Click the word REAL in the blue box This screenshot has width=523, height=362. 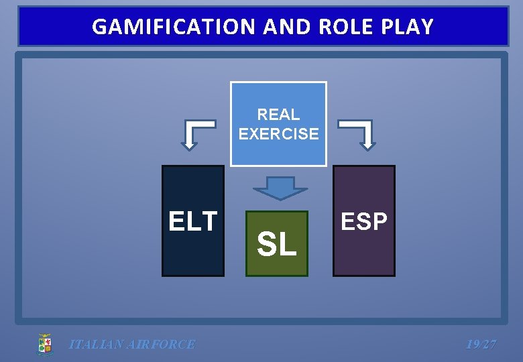pos(278,115)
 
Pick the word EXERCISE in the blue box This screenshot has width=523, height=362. pos(278,133)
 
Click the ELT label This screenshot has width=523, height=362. pos(193,221)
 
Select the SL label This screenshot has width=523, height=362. pos(276,245)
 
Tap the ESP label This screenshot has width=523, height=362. pos(364,222)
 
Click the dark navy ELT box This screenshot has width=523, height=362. pos(193,255)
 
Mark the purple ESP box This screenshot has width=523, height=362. pos(364,255)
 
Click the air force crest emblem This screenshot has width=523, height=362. pos(45,344)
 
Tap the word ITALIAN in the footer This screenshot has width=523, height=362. pos(96,345)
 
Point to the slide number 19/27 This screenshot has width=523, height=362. pos(481,345)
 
